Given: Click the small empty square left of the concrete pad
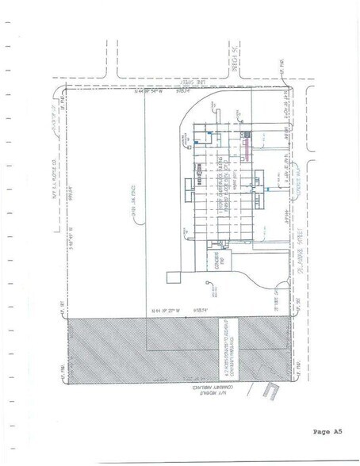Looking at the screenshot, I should click(x=170, y=277).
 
